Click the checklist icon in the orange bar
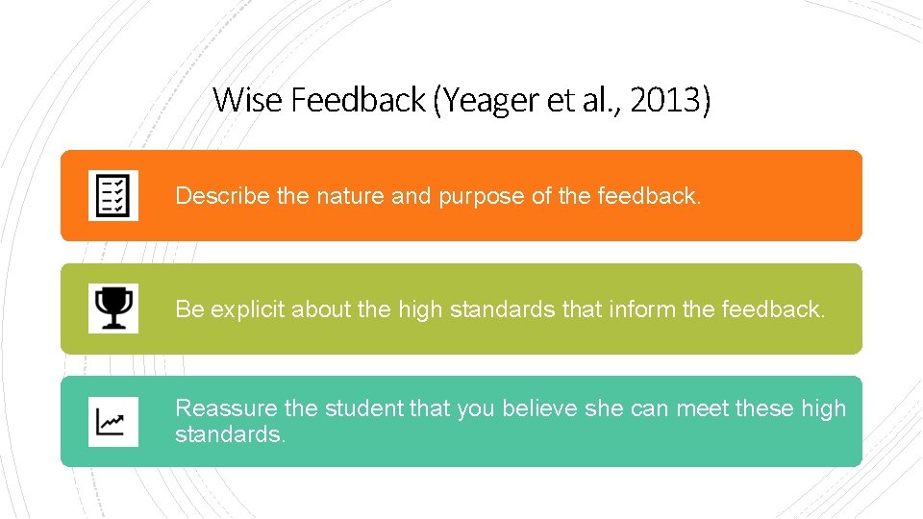click(113, 195)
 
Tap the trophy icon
click(113, 308)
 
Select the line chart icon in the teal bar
click(113, 421)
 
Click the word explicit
click(248, 309)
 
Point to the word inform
click(641, 309)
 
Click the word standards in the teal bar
click(230, 434)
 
